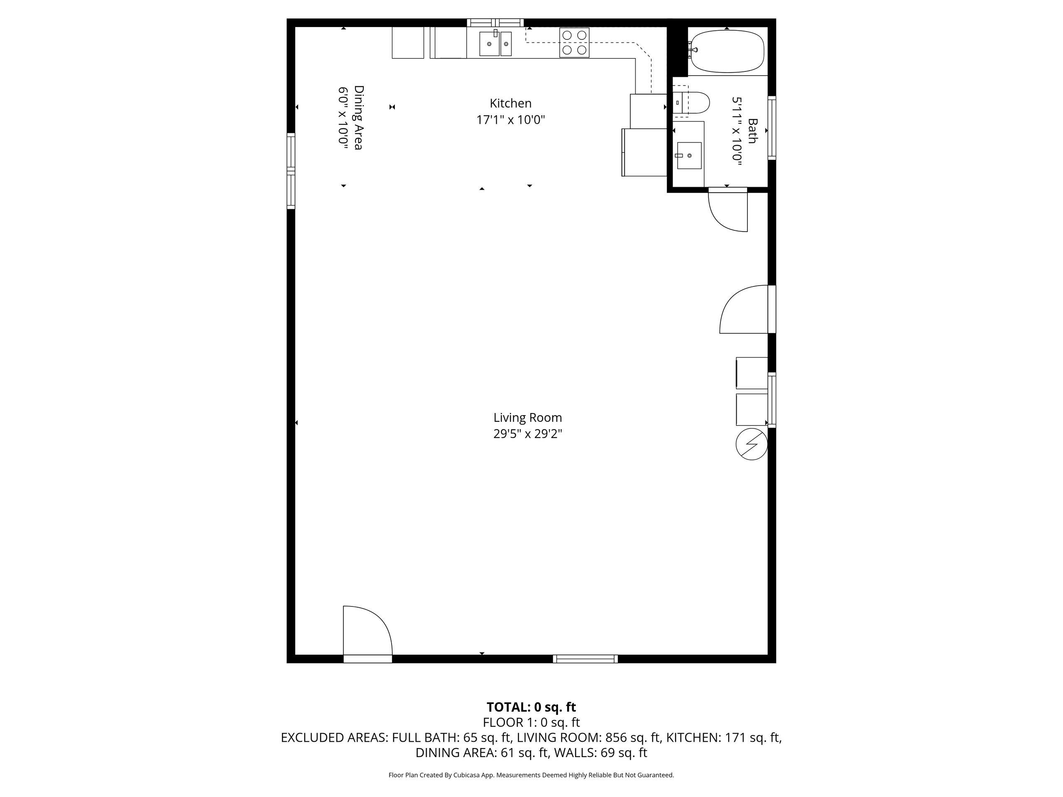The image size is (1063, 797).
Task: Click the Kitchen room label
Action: (510, 103)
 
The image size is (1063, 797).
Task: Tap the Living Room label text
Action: (528, 418)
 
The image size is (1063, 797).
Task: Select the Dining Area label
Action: (358, 118)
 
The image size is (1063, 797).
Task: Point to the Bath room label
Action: (752, 131)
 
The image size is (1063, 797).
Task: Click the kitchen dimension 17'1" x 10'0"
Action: (510, 120)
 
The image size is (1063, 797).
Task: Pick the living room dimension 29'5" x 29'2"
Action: (528, 434)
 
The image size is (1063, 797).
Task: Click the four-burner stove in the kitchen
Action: (574, 42)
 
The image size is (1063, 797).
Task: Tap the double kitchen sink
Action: (495, 44)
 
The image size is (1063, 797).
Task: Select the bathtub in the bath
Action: (727, 51)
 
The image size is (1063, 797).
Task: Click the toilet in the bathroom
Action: (691, 103)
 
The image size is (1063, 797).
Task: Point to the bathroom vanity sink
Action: (689, 156)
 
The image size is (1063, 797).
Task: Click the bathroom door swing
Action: (728, 211)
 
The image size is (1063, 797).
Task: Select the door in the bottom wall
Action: (367, 634)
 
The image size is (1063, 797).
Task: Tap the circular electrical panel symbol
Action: (752, 445)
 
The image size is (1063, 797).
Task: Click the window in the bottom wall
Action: (585, 659)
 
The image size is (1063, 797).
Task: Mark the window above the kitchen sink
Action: (495, 22)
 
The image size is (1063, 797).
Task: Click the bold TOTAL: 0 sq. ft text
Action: (531, 707)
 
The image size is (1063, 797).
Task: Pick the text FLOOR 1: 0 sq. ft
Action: (531, 723)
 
